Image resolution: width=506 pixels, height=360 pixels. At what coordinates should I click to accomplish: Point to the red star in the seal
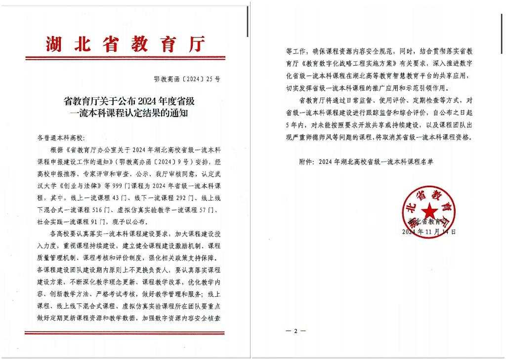pos(428,209)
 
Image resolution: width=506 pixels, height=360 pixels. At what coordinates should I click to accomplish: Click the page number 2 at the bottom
pos(296,331)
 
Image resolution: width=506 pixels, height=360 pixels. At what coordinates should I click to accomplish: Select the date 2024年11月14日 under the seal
pos(428,231)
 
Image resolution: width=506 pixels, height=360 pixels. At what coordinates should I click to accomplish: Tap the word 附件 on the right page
pos(307,161)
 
